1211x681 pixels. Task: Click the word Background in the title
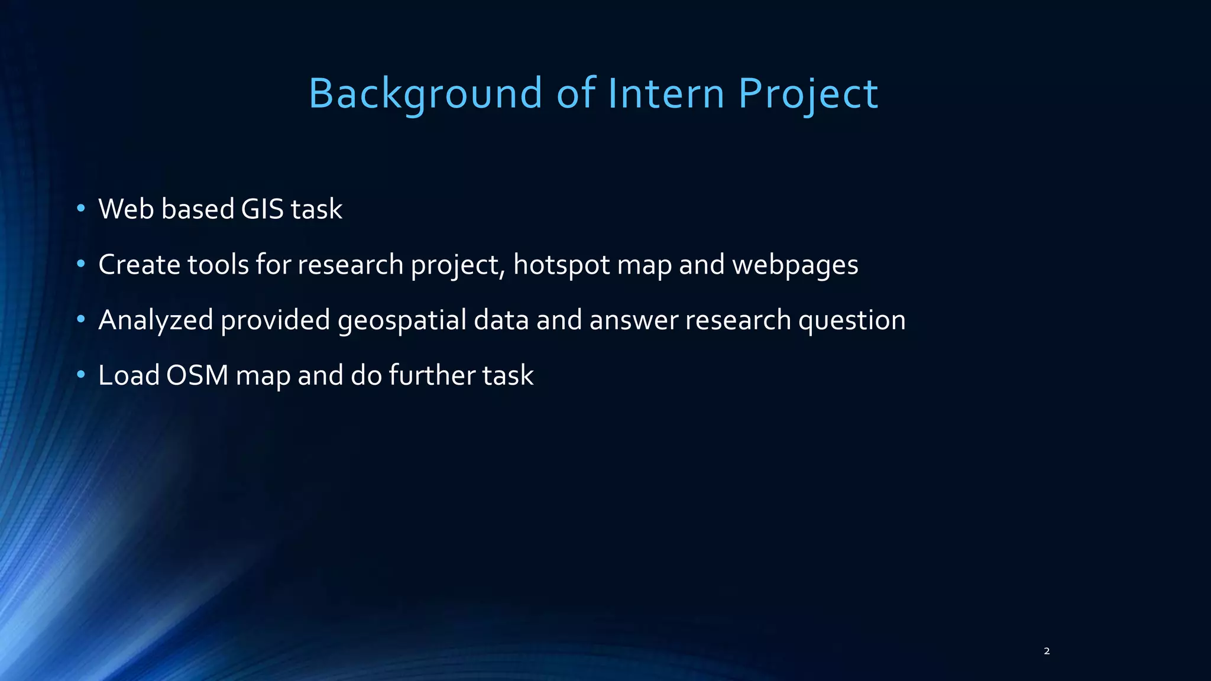pos(425,93)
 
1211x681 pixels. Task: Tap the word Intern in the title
pos(666,93)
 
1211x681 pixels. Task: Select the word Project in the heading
pos(808,93)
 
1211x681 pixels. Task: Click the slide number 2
pos(1047,651)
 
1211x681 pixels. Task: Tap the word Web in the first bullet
pos(126,209)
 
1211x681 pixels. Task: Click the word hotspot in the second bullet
pos(561,264)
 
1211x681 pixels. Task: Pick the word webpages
pos(795,264)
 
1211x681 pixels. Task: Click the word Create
pos(139,264)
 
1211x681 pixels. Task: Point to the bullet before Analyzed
pos(81,319)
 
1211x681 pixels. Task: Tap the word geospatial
pos(402,320)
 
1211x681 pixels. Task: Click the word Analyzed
pos(156,320)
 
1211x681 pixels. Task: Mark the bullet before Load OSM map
pos(81,375)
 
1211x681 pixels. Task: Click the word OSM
pos(197,375)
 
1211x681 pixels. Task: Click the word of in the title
pos(576,93)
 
